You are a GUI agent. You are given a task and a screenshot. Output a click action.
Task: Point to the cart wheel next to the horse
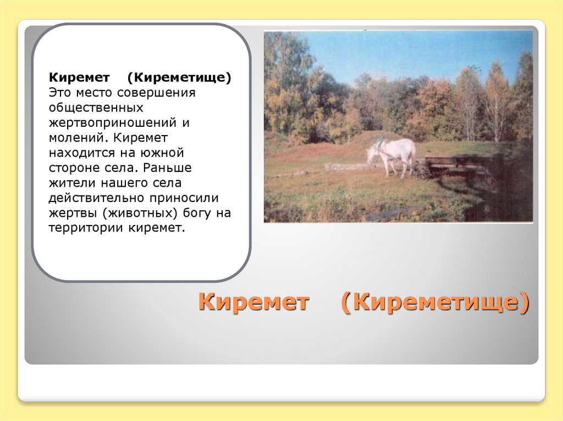pos(421,170)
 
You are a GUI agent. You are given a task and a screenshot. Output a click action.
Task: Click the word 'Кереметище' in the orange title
pos(435,302)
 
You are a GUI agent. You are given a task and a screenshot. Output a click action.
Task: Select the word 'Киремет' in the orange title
pos(254,302)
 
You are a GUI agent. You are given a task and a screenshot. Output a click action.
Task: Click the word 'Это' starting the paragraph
pos(59,92)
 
